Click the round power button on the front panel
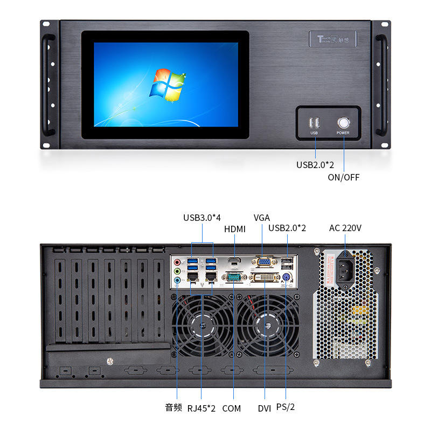coord(343,122)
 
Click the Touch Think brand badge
coord(332,39)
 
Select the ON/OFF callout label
coord(343,177)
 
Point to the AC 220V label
coord(345,228)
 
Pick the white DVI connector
coord(265,277)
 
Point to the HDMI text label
coord(234,229)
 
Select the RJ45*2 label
coord(201,408)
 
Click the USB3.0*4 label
coord(202,218)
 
